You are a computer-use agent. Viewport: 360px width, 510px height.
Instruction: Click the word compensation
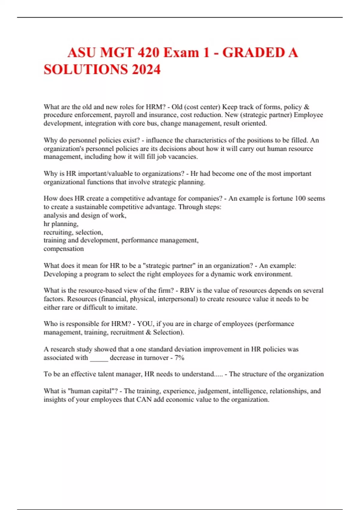(64, 249)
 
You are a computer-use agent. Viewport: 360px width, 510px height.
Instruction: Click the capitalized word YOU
(145, 324)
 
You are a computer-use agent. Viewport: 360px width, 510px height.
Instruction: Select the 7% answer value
(179, 358)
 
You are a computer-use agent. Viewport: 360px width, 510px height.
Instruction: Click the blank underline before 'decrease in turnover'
(99, 358)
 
